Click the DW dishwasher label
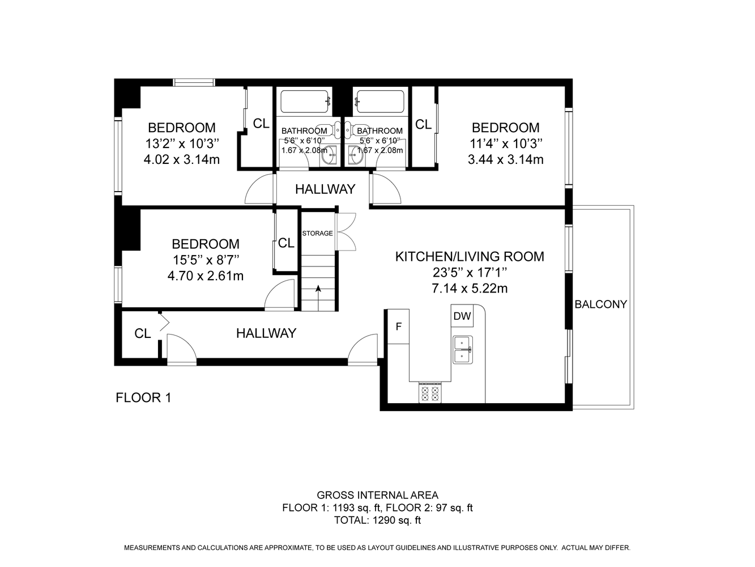[x=462, y=316]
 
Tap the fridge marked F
[x=399, y=327]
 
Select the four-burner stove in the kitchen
[x=430, y=393]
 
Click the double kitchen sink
[x=463, y=349]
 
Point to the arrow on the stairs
[x=318, y=298]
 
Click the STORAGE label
[x=318, y=233]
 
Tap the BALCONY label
[x=601, y=304]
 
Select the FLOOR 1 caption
[x=143, y=397]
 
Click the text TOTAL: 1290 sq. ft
[x=377, y=520]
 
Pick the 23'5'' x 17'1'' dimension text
[x=470, y=272]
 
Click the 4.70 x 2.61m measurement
[x=206, y=276]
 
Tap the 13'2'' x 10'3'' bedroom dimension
[x=182, y=143]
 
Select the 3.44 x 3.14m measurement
[x=506, y=159]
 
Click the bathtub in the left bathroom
[x=305, y=101]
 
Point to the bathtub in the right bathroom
[x=380, y=101]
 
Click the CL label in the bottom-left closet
[x=142, y=333]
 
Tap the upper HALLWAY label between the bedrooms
[x=325, y=189]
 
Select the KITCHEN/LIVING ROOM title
[x=470, y=256]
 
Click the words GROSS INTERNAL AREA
[x=377, y=495]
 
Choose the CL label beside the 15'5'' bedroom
[x=286, y=243]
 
